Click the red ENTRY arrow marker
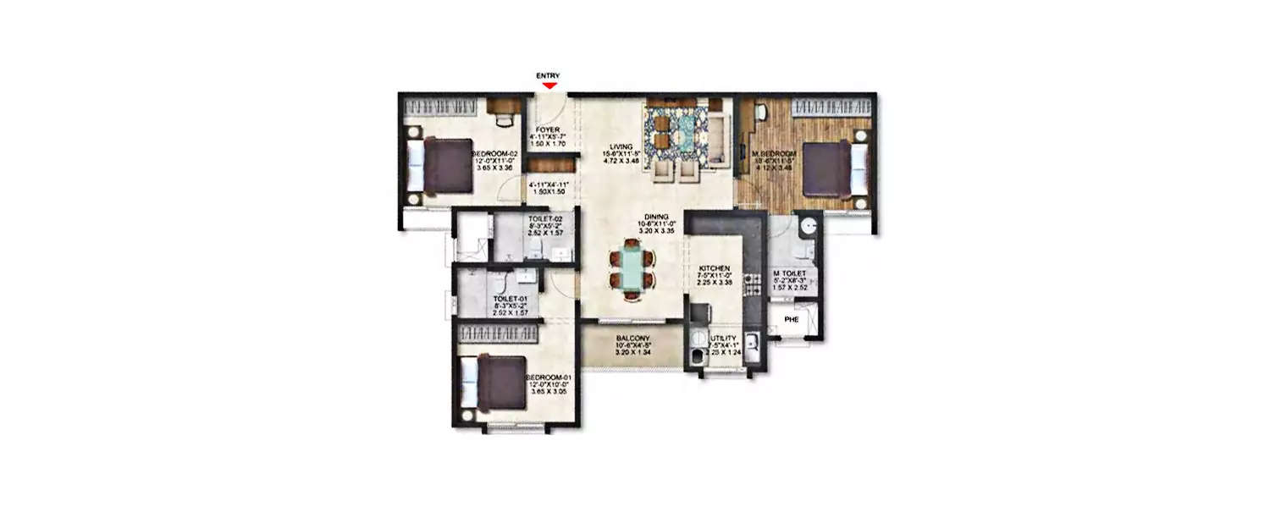pyautogui.click(x=549, y=85)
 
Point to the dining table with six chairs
pyautogui.click(x=632, y=270)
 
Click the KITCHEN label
pyautogui.click(x=714, y=268)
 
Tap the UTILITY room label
pyautogui.click(x=724, y=339)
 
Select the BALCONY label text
pyautogui.click(x=632, y=338)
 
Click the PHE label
pyautogui.click(x=792, y=320)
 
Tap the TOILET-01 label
pyautogui.click(x=511, y=299)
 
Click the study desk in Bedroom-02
pyautogui.click(x=503, y=106)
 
